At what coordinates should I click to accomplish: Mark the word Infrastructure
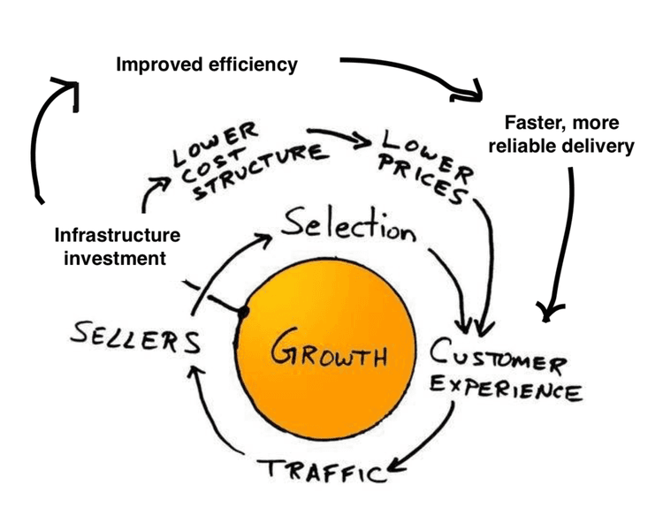click(117, 236)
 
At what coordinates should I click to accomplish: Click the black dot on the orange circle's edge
click(242, 310)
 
